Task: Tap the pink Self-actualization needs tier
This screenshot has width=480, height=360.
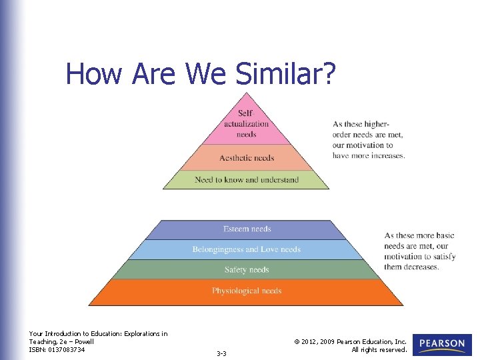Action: [x=246, y=123]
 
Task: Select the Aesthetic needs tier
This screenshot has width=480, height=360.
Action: [x=247, y=158]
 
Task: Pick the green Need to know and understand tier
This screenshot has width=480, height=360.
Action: [x=247, y=180]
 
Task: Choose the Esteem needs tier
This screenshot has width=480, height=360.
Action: [x=247, y=229]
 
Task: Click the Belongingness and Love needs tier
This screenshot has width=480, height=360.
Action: [x=247, y=249]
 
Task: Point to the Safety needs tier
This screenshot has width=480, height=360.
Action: [x=247, y=270]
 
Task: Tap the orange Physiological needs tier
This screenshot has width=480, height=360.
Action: [x=247, y=291]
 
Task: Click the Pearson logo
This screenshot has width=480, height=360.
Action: [x=442, y=345]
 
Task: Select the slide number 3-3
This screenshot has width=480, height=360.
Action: [x=221, y=353]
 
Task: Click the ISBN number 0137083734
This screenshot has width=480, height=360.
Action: [x=67, y=349]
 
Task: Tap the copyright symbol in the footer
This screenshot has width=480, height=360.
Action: [x=296, y=341]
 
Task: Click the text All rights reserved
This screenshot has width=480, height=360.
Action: [x=379, y=349]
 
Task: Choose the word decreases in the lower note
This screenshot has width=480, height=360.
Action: [x=421, y=267]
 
